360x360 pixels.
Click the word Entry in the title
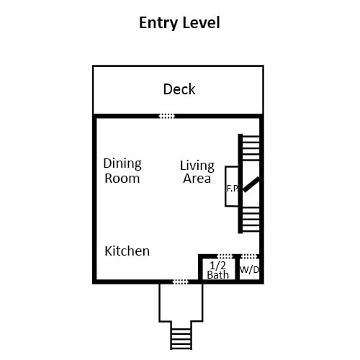pos(158,23)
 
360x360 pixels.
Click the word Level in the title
pos(201,23)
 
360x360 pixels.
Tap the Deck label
pos(179,89)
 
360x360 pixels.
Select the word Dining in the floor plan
pos(122,164)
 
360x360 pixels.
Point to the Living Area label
pos(197,172)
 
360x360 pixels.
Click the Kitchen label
pos(127,251)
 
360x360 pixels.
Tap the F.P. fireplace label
pos(232,189)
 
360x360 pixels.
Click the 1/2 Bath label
pos(218,270)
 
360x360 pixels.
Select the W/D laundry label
pos(250,270)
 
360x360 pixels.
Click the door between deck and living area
pos(167,116)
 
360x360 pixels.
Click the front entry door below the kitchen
pos(181,282)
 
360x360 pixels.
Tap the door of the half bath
pos(225,256)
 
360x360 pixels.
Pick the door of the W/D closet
pos(249,256)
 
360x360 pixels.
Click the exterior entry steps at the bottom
pos(181,336)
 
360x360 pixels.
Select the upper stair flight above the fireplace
pos(251,148)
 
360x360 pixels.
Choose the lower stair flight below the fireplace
pos(251,220)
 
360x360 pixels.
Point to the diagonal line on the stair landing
pos(251,184)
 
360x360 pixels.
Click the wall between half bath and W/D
pos(237,268)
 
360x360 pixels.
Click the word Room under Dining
pos(122,179)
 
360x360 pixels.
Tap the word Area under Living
pos(197,179)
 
